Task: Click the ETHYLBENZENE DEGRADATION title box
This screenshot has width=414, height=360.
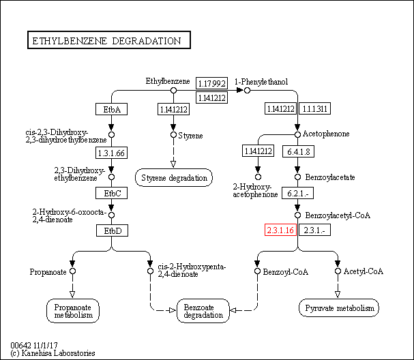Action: (108, 41)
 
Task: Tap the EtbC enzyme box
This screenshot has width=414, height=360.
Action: (112, 193)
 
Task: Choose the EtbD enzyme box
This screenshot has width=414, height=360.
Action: (112, 230)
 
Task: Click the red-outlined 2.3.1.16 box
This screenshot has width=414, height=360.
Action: (280, 230)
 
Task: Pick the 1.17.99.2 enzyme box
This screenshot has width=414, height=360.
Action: (211, 83)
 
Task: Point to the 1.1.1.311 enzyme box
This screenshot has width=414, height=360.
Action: (315, 108)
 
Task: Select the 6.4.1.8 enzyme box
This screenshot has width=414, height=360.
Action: (298, 151)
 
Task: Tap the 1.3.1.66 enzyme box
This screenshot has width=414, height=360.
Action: (112, 153)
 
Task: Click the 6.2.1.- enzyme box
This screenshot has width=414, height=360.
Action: (298, 193)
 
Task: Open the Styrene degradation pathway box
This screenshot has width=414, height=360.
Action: (174, 178)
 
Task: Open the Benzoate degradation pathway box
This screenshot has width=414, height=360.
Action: (203, 311)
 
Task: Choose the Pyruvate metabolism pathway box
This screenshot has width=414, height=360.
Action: (338, 309)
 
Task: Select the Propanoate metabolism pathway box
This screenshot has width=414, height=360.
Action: (74, 311)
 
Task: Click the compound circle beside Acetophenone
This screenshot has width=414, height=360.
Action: (297, 134)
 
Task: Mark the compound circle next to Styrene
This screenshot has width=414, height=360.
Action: (173, 134)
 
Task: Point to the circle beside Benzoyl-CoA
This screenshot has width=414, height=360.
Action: (258, 271)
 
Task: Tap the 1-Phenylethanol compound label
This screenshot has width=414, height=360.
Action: (261, 82)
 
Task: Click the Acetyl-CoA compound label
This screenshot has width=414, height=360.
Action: (364, 271)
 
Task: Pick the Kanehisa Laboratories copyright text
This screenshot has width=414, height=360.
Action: (53, 353)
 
